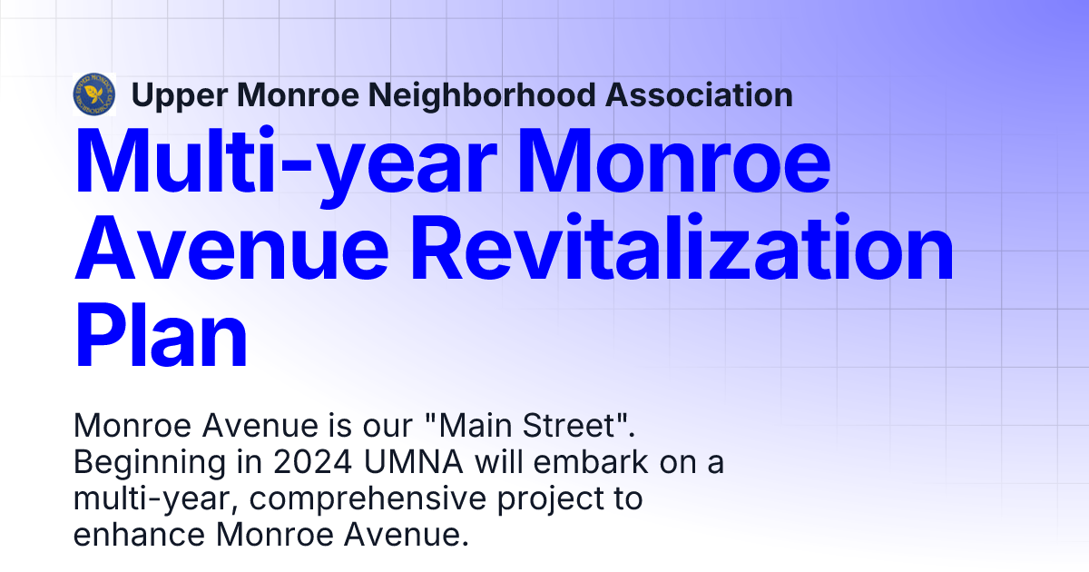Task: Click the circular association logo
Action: coord(94,94)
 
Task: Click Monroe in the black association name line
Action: coord(294,94)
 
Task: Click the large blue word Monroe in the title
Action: coord(688,163)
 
